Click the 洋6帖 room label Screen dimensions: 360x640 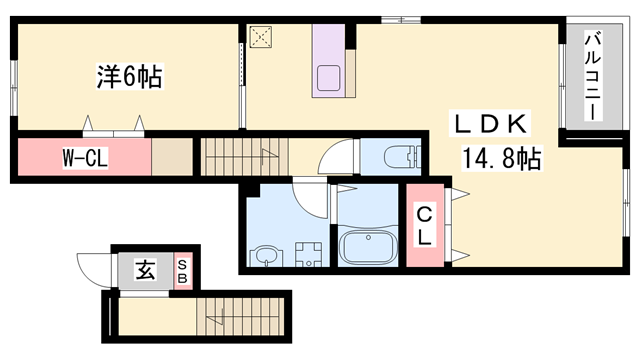[129, 75]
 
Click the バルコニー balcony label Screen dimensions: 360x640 [591, 76]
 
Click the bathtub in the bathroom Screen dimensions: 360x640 [367, 246]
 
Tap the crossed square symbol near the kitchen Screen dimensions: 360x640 [262, 37]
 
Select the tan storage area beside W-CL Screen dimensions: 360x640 [171, 158]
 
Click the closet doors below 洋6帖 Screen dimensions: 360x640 [112, 127]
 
